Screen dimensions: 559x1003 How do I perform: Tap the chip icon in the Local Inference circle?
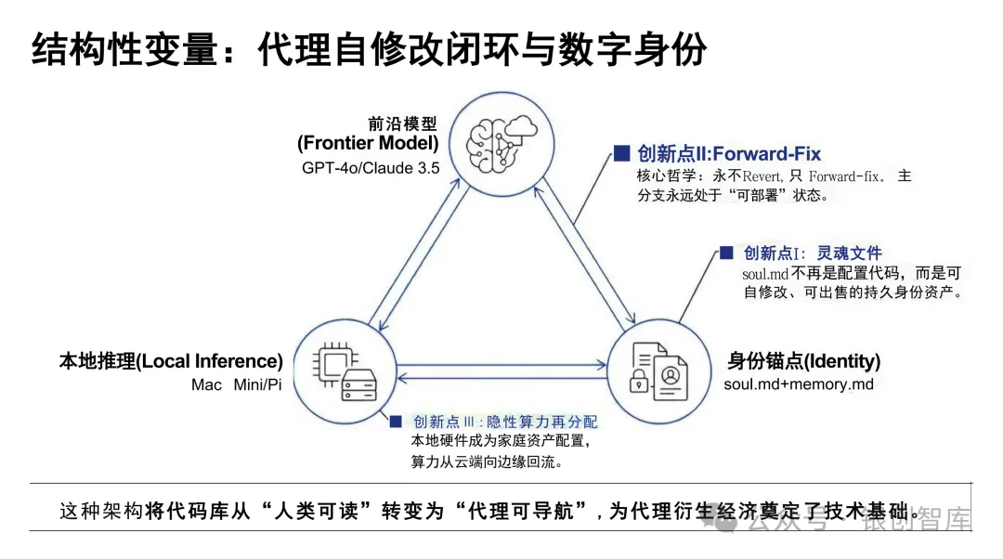point(331,357)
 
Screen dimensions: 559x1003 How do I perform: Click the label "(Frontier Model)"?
point(368,143)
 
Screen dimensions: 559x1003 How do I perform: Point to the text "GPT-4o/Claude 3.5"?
point(371,168)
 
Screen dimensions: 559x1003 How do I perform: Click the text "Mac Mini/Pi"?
point(236,384)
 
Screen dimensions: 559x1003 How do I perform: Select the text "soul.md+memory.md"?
point(799,383)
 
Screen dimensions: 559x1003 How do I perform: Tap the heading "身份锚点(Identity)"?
point(803,361)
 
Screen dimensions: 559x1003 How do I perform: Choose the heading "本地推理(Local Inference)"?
point(171,361)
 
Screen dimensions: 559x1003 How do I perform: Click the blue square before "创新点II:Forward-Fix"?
point(621,153)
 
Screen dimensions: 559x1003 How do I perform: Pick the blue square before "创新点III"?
point(397,422)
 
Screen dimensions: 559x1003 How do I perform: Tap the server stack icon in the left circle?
point(357,382)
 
